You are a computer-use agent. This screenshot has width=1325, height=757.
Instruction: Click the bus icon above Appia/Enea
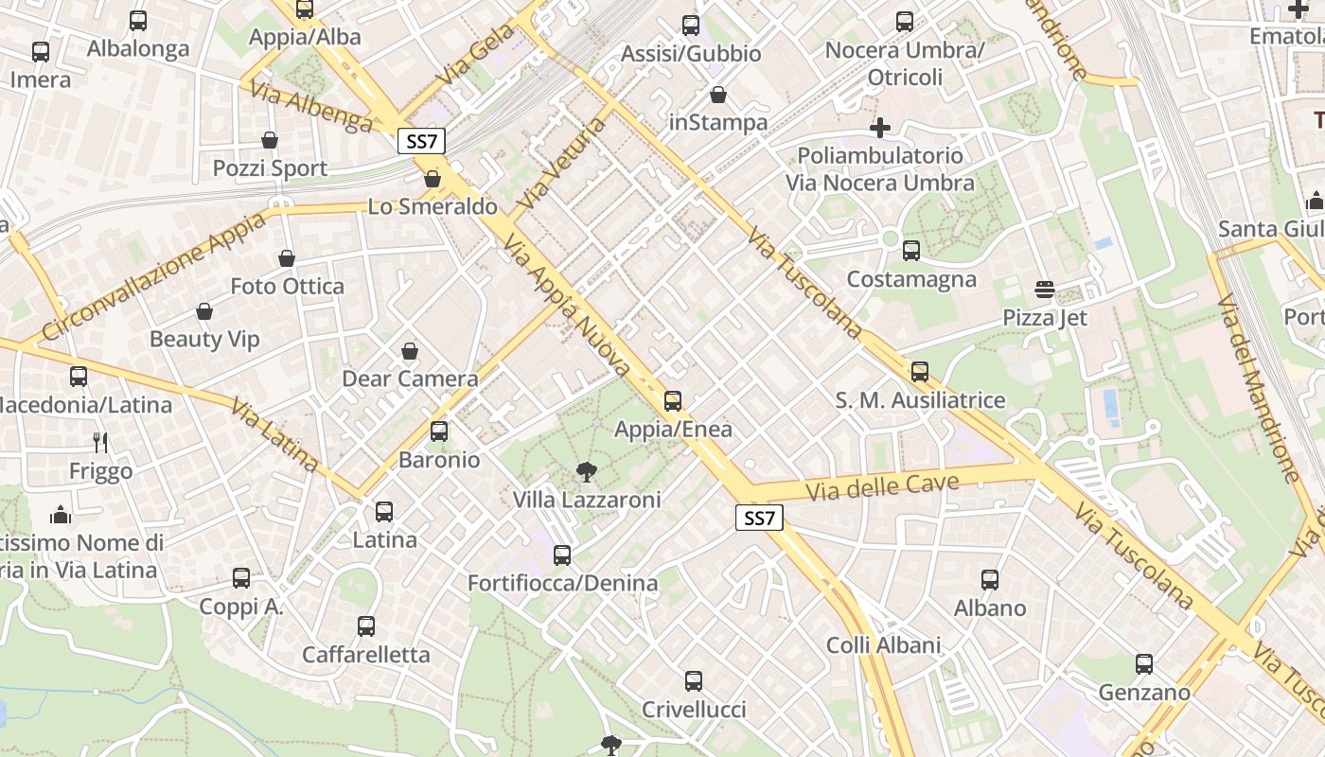672,401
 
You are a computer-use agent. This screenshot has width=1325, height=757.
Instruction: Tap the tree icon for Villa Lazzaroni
587,471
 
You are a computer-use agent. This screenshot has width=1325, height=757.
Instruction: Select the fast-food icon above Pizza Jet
1045,289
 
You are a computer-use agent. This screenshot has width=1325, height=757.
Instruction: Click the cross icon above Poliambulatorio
880,127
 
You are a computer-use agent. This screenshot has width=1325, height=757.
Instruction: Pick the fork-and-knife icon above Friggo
100,442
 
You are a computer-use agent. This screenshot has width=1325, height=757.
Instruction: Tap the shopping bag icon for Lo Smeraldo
433,179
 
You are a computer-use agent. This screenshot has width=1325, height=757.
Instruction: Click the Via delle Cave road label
882,486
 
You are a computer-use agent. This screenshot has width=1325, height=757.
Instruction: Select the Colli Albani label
883,645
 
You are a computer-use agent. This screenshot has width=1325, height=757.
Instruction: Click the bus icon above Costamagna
910,251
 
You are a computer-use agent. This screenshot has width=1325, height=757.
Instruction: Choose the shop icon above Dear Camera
410,351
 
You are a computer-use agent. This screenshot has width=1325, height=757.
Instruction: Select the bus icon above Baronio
439,431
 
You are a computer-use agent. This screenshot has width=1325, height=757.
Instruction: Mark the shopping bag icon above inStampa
718,95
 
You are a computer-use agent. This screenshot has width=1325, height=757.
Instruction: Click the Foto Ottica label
287,286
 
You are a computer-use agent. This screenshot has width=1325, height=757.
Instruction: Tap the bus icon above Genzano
1143,664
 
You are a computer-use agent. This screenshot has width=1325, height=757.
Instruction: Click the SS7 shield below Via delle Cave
759,518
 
